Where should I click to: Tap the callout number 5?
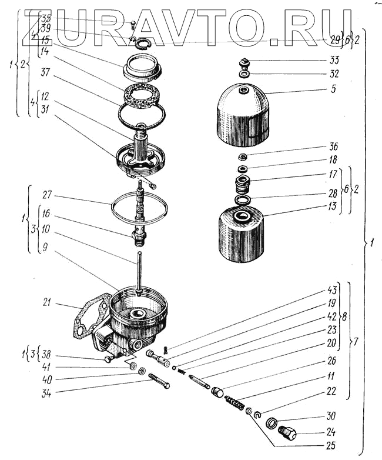click(333, 91)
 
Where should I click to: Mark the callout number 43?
click(333, 290)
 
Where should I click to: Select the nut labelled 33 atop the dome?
click(244, 62)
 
